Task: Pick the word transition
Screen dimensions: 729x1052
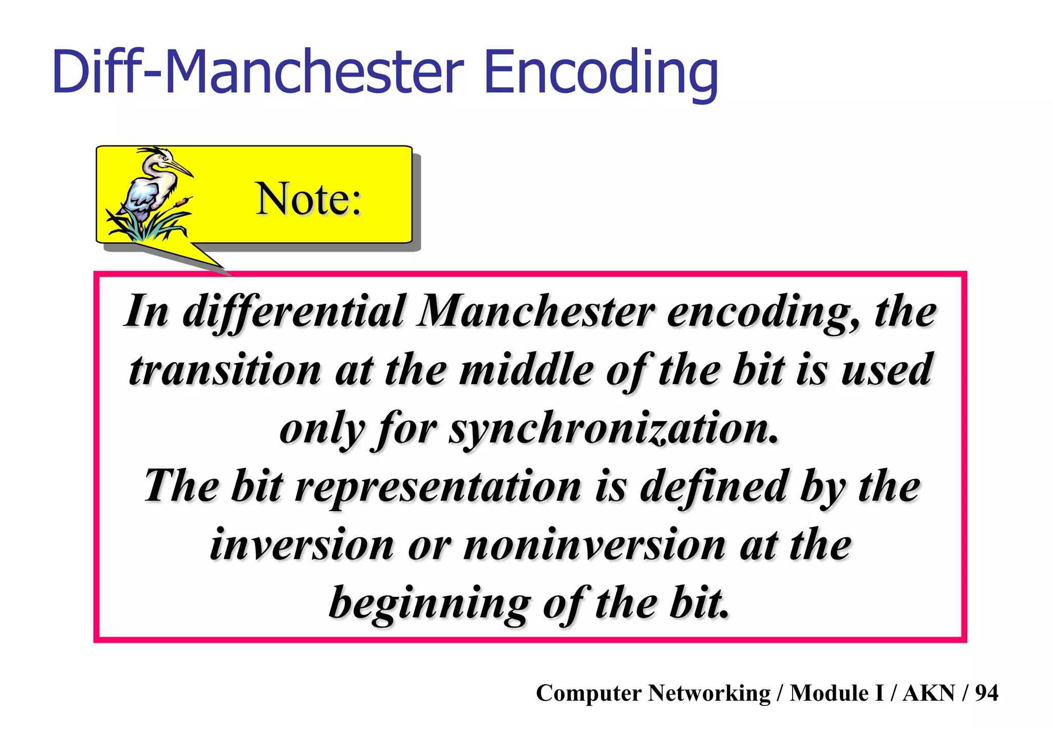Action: (x=225, y=370)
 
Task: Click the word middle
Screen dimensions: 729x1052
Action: (x=526, y=370)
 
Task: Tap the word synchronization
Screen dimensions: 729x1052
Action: (x=613, y=429)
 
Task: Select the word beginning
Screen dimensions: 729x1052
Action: (x=429, y=604)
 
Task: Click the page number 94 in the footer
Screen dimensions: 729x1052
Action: (x=986, y=693)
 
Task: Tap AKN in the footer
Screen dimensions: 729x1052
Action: (x=929, y=693)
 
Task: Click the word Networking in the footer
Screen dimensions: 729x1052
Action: (x=709, y=693)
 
